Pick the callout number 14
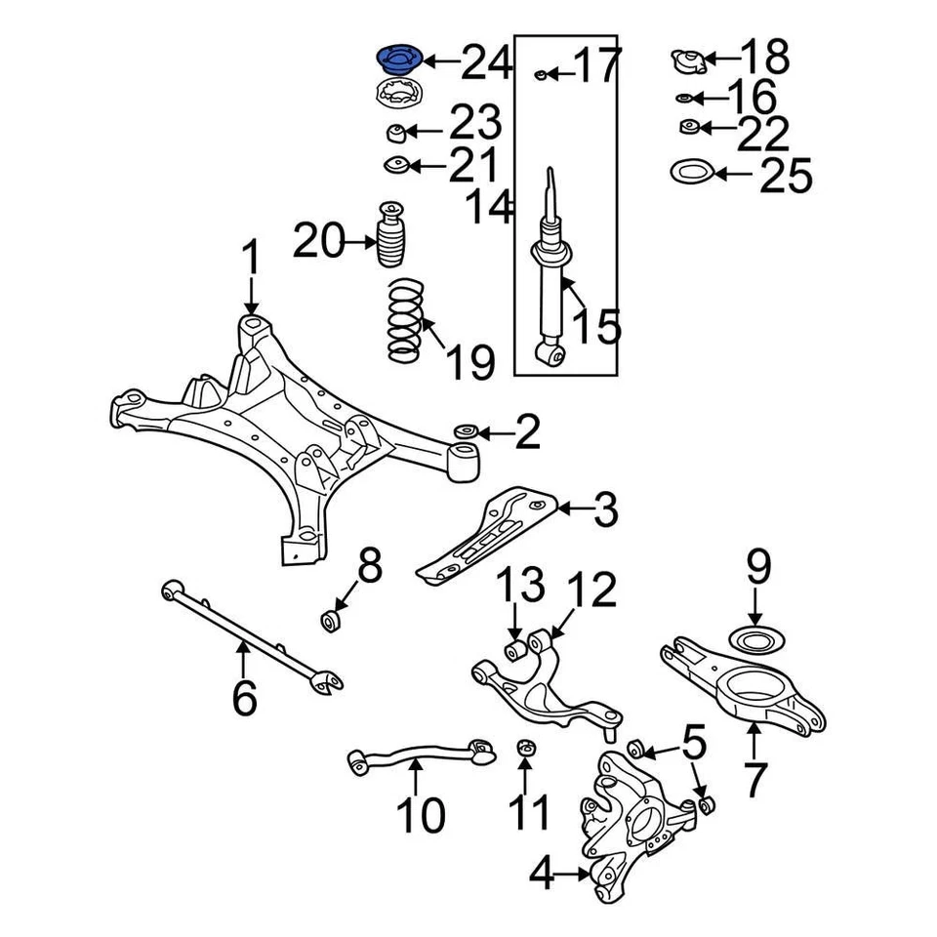[x=489, y=206]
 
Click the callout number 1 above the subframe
[x=251, y=261]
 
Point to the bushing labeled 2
[x=465, y=430]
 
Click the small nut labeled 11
[x=524, y=748]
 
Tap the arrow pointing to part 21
[x=428, y=166]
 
